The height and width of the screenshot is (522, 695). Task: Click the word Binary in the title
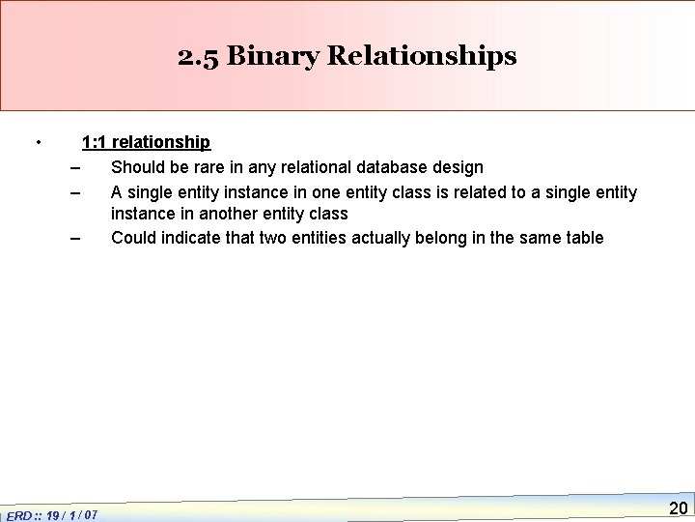coord(281,56)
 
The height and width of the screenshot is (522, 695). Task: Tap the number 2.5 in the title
coord(199,56)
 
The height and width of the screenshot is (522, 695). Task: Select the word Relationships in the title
coord(423,56)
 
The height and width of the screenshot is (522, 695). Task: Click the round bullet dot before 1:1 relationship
coord(37,143)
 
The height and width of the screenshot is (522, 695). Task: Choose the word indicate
coord(194,238)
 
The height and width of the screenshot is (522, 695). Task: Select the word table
coord(583,238)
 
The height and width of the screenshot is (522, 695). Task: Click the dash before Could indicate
coord(75,238)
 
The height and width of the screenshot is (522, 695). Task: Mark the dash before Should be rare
coord(75,167)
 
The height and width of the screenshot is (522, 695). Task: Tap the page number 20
coord(678,507)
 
